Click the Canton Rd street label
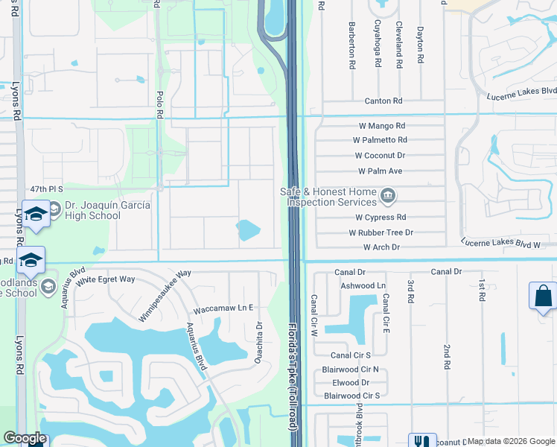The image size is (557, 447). (x=383, y=101)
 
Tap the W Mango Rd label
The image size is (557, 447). (x=380, y=126)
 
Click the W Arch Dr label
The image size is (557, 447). (x=381, y=247)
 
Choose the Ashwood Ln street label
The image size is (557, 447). (x=363, y=285)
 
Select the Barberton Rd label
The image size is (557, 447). (x=351, y=45)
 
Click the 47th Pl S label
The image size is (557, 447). (x=46, y=190)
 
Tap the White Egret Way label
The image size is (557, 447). (x=105, y=279)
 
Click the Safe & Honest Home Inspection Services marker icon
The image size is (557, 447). (x=387, y=197)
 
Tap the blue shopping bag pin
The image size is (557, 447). (x=542, y=295)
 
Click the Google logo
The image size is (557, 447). (x=25, y=438)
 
